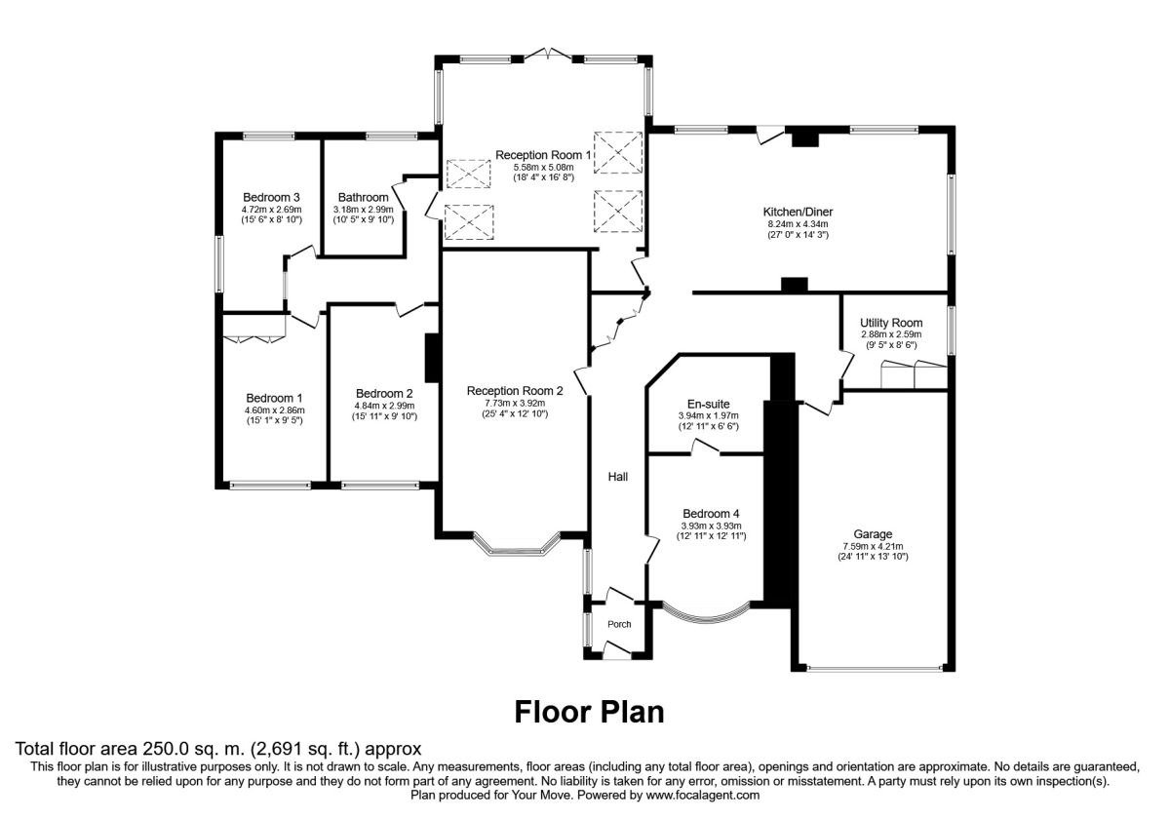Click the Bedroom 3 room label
(271, 197)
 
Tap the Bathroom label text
(363, 197)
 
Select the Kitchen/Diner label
(798, 212)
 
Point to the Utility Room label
(891, 323)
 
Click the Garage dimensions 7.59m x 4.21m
(873, 546)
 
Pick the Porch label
(619, 624)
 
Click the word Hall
(618, 477)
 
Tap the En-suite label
(708, 404)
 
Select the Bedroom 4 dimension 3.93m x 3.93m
(711, 526)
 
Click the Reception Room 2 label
(515, 391)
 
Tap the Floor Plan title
(589, 712)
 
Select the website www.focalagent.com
(703, 796)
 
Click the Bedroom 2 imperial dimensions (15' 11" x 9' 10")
(384, 416)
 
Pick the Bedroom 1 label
(274, 398)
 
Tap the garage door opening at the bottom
(875, 668)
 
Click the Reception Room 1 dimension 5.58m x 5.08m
(543, 167)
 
